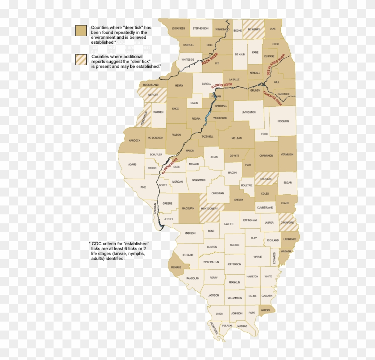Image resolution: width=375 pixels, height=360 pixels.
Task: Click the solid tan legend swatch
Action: (81, 30)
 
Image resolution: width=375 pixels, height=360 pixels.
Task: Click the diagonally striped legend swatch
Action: (81, 60)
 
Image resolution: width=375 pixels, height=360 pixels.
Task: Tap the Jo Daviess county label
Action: (178, 29)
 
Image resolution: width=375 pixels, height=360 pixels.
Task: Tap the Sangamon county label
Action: (199, 180)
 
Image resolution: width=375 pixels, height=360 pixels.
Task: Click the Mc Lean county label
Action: (236, 138)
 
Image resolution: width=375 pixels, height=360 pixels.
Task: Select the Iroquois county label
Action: (283, 121)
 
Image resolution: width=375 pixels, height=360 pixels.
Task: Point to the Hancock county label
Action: (134, 140)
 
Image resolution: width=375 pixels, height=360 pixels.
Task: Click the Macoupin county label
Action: (188, 209)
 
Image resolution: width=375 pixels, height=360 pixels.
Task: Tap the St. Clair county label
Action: (188, 255)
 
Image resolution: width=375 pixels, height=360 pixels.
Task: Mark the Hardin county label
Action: (265, 310)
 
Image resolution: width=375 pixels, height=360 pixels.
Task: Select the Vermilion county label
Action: (287, 154)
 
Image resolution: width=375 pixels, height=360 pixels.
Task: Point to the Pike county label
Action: (143, 187)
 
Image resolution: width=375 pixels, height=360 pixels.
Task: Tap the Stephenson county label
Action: (200, 29)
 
